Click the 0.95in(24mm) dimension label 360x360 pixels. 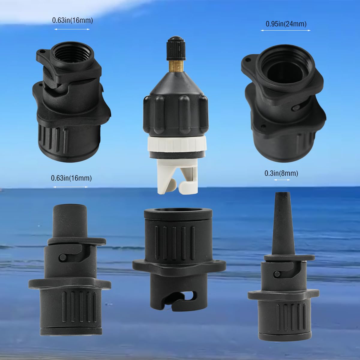pos(286,24)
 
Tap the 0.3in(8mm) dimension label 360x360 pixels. pos(281,173)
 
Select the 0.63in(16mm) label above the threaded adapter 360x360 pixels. pos(72,20)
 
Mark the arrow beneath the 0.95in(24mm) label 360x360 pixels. pos(286,30)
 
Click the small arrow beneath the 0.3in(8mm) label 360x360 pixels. pos(282,180)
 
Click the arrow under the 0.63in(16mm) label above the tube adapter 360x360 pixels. pos(71,187)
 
